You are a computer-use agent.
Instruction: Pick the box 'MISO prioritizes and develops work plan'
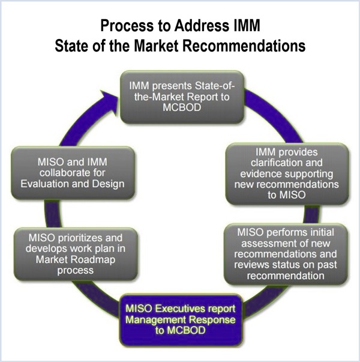75,251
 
